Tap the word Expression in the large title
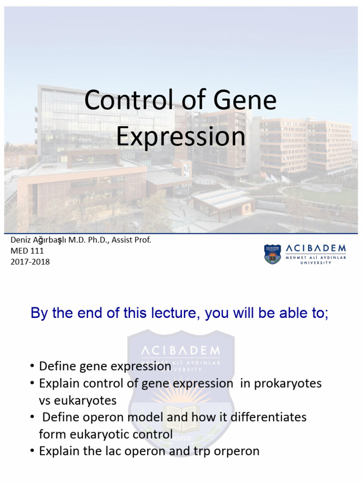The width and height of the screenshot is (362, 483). pyautogui.click(x=181, y=136)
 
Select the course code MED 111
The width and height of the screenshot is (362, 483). pyautogui.click(x=27, y=251)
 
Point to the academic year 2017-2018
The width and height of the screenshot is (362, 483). pyautogui.click(x=30, y=261)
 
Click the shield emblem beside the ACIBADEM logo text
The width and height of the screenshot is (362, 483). pyautogui.click(x=273, y=254)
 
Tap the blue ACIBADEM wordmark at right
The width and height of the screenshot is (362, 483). pyautogui.click(x=315, y=248)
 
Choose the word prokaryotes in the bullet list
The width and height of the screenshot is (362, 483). pyautogui.click(x=288, y=383)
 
